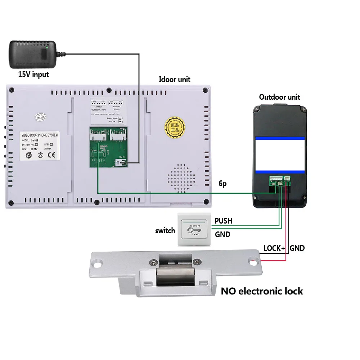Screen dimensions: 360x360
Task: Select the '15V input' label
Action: click(x=33, y=75)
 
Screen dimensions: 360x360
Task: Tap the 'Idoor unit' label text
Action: click(x=174, y=79)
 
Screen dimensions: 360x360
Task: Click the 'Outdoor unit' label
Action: click(x=279, y=97)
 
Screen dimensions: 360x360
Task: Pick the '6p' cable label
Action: click(x=223, y=184)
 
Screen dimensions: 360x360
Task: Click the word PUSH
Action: click(x=223, y=220)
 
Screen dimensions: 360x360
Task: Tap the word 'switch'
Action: click(x=165, y=231)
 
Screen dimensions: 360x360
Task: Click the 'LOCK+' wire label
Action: click(x=274, y=248)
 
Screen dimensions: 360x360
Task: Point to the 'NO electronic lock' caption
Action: click(x=262, y=291)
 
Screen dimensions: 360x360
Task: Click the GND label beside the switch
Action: click(x=222, y=234)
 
